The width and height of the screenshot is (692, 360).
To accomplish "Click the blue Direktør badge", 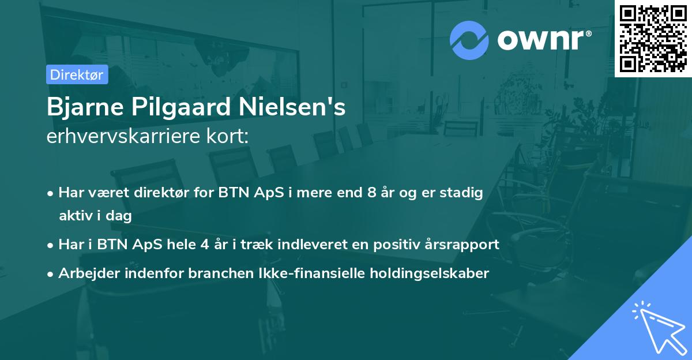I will (x=77, y=74).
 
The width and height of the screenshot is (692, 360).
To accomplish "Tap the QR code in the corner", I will (x=653, y=38).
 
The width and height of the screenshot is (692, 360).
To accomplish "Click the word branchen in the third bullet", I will (x=214, y=273).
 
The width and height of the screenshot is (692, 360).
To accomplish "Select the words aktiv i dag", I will (x=95, y=216).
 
